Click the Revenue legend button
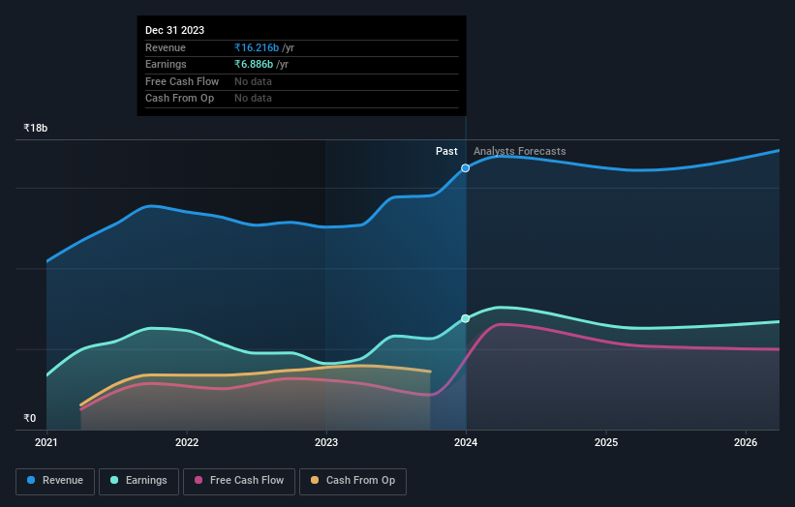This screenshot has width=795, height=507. click(x=55, y=481)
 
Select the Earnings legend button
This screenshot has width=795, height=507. click(x=138, y=481)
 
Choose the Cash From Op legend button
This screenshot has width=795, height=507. click(x=352, y=481)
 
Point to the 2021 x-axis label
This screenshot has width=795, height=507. click(x=46, y=442)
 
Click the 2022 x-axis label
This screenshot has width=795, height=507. click(x=187, y=442)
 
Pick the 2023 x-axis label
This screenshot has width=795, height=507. click(x=326, y=442)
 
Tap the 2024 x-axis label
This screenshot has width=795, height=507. click(x=466, y=442)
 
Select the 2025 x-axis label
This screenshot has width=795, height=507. click(x=606, y=442)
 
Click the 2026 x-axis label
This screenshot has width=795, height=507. click(x=746, y=442)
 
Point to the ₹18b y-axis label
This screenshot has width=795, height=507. click(x=36, y=128)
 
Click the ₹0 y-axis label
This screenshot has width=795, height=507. click(x=30, y=419)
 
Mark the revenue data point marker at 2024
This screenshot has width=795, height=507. click(x=466, y=168)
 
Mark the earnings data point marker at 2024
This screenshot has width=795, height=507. click(x=466, y=318)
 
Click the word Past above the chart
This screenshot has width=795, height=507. click(x=446, y=151)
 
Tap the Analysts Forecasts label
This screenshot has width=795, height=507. click(x=519, y=151)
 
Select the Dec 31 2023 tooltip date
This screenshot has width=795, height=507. click(x=174, y=30)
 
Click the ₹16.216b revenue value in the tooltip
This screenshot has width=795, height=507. click(x=258, y=47)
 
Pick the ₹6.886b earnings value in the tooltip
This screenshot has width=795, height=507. click(x=255, y=65)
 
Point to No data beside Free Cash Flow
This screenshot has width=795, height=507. click(x=253, y=81)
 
